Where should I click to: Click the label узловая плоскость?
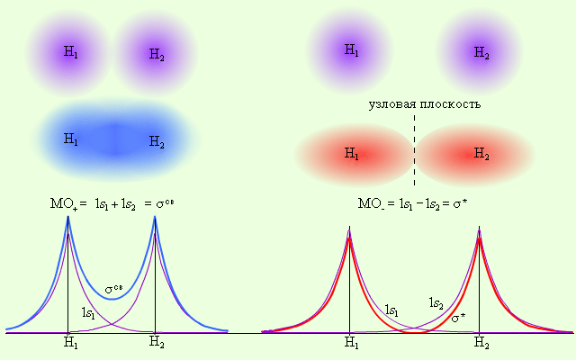pos(425,104)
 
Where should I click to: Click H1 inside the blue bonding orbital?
pos(71,139)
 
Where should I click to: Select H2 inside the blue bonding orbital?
pos(157,141)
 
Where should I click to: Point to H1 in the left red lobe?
pos(352,154)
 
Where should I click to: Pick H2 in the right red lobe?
pos(481,155)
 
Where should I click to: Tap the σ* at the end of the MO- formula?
pos(459,204)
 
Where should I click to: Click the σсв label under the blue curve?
pos(114,290)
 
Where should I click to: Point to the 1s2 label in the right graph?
pos(436,303)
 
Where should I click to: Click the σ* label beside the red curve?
pos(458,318)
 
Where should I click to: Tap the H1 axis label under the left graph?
pos(68,343)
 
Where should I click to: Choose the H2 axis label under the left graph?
pos(157,343)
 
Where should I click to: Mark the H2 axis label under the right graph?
pos(481,343)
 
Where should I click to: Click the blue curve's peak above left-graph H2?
pos(155,219)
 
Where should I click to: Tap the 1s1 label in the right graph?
pos(392,310)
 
